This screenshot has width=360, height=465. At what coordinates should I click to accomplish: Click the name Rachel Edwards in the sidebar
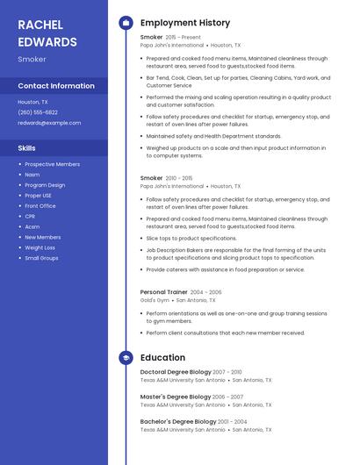pos(47,32)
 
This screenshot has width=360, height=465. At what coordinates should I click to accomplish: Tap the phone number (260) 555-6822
pos(38,112)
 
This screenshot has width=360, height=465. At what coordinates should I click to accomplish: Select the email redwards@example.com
pos(49,123)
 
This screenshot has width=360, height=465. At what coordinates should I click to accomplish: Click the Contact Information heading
pos(56,86)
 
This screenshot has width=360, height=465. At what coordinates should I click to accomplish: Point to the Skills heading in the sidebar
pos(26,148)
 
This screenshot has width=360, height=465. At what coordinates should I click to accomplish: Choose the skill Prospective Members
pos(52,164)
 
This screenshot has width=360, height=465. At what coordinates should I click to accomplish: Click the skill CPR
pos(30,216)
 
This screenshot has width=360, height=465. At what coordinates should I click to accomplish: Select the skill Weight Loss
pos(40,247)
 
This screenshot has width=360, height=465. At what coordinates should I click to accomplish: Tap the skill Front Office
pos(40,205)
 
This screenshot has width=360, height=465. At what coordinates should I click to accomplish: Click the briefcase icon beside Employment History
pos(126,23)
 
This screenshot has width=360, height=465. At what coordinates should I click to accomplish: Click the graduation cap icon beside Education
pos(126,358)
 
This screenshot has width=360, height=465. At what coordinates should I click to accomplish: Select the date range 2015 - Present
pos(184,38)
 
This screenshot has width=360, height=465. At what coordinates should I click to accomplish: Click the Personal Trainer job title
pos(164,291)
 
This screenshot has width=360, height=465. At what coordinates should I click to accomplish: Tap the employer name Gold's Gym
pos(155,300)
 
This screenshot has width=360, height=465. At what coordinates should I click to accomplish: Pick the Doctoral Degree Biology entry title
pos(175,372)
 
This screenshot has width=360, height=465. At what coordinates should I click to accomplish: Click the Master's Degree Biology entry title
pos(175,397)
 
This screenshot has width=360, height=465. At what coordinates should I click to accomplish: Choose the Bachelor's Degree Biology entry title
pos(178,421)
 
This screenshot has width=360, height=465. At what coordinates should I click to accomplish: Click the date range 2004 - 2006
pos(206,291)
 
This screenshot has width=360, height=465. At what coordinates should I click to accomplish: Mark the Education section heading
pos(162,358)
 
